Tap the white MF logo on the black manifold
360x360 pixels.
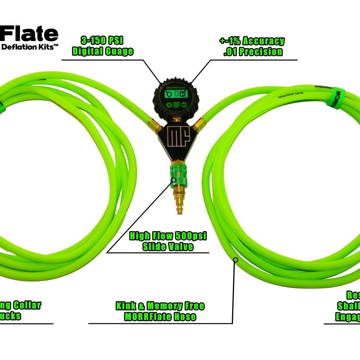coord(176,138)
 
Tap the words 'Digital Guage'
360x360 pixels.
coord(103,51)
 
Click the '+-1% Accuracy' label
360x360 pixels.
coord(252,41)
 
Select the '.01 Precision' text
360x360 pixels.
coord(253,51)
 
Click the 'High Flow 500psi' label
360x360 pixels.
coord(168,236)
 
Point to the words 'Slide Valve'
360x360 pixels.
coord(168,247)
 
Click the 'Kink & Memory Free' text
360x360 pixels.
coord(160,306)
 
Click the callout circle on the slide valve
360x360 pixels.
coord(174,180)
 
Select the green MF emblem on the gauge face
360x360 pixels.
coord(176,106)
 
